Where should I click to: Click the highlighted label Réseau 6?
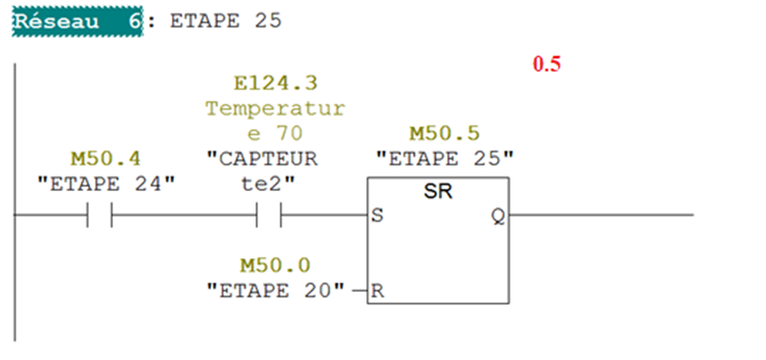point(77,22)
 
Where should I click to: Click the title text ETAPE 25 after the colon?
point(225,22)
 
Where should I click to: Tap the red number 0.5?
point(547,65)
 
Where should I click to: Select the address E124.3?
point(275,84)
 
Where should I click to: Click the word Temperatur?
point(275,108)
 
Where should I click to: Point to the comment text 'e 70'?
point(275,134)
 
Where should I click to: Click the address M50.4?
point(105,159)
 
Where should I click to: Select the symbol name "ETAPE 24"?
point(106,185)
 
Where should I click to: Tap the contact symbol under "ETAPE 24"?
point(100,215)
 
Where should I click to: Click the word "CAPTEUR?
point(262,159)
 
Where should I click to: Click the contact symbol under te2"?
point(269,215)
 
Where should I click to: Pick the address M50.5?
point(444,134)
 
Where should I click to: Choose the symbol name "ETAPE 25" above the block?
point(444,159)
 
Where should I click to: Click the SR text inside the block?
point(438,192)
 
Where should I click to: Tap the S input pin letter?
point(377,215)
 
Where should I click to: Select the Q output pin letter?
point(498,215)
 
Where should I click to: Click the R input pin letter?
point(377,291)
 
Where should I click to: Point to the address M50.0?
point(275,265)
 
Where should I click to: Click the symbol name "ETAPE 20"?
point(275,291)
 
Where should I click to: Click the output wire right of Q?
point(601,215)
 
